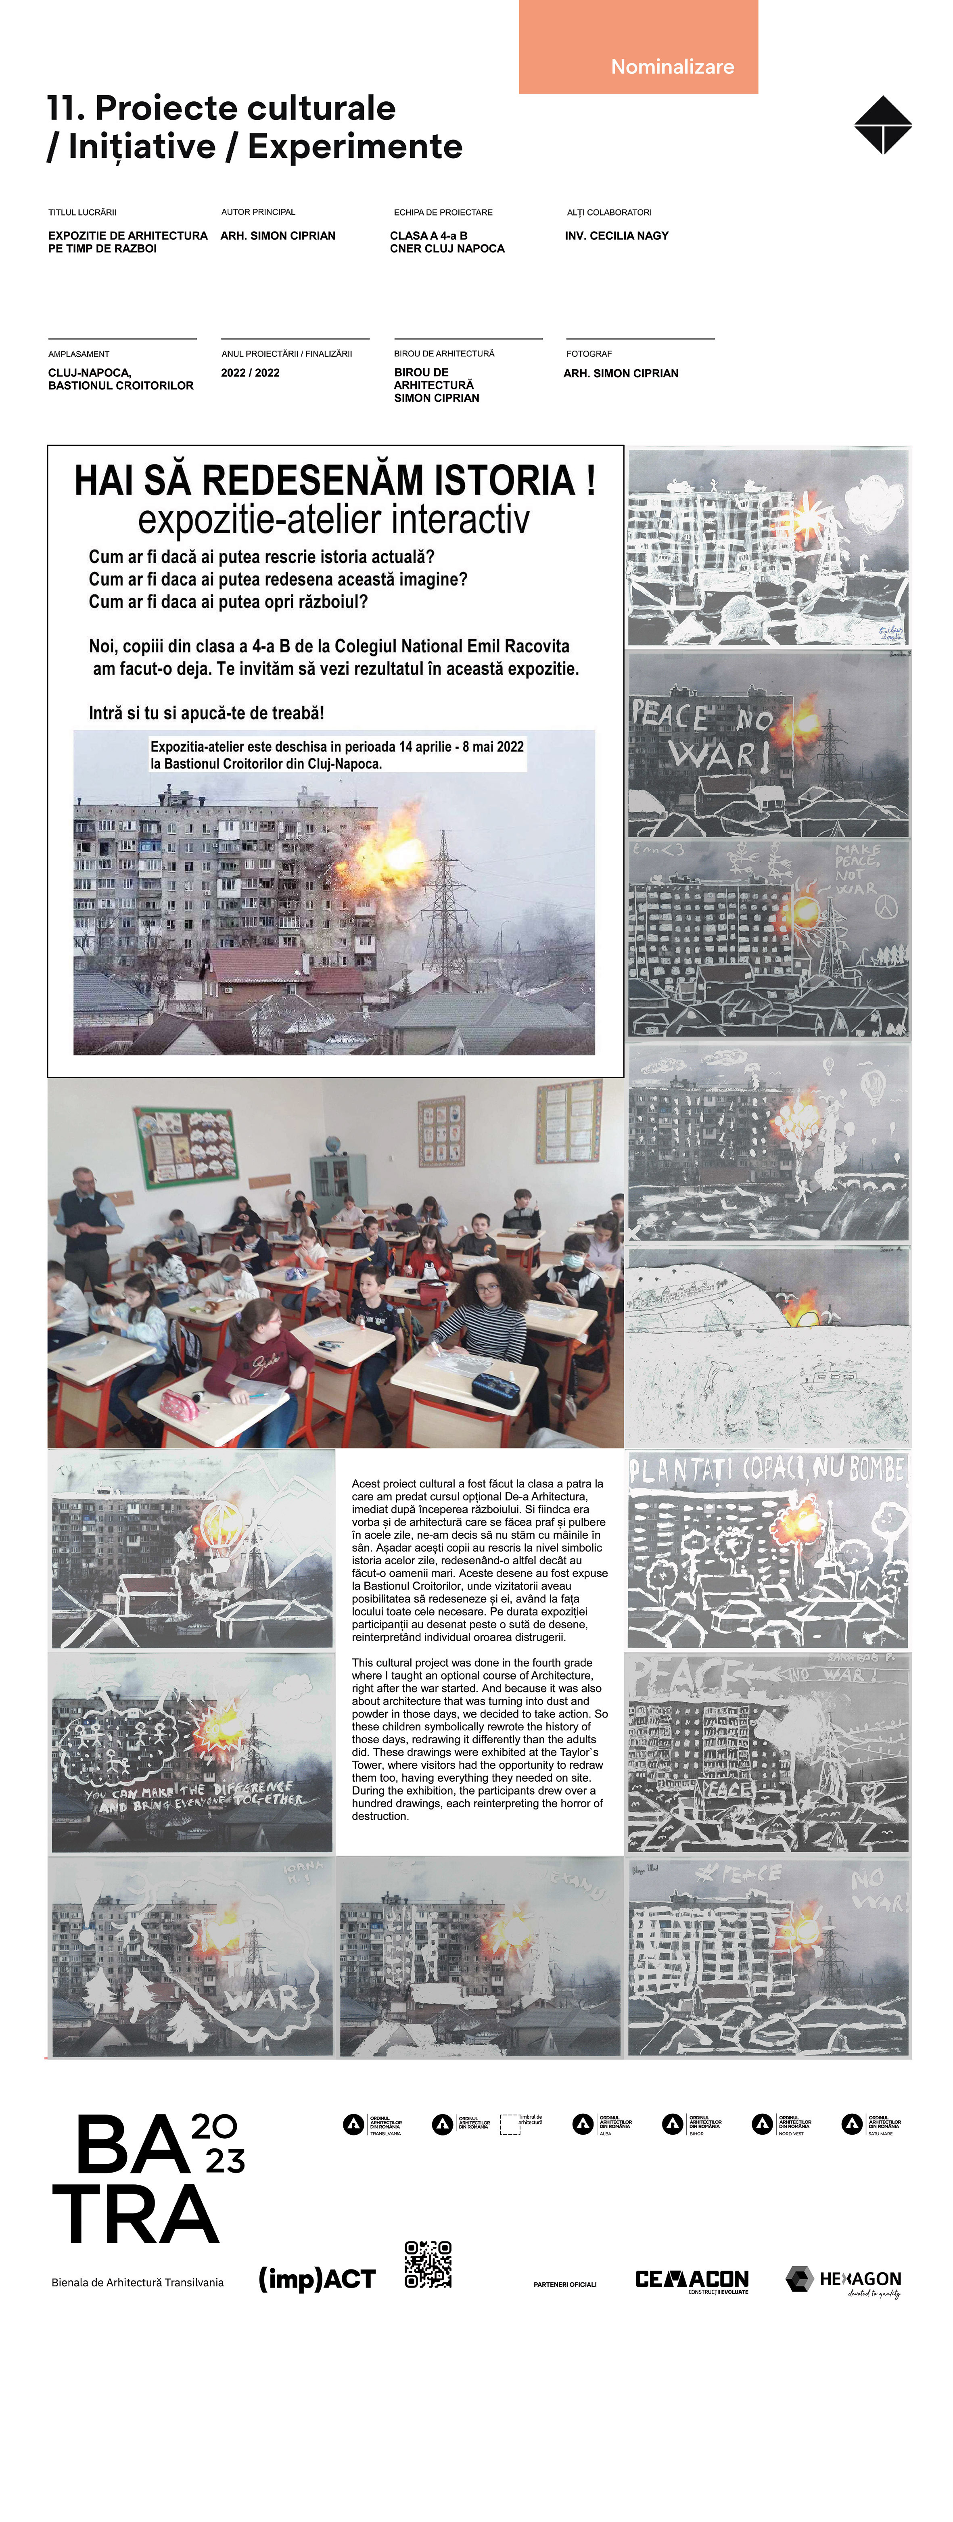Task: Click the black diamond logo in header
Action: (x=882, y=125)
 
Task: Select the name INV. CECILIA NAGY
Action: (x=616, y=236)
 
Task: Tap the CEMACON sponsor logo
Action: (x=692, y=2280)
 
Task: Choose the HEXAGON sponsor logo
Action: (x=843, y=2280)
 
